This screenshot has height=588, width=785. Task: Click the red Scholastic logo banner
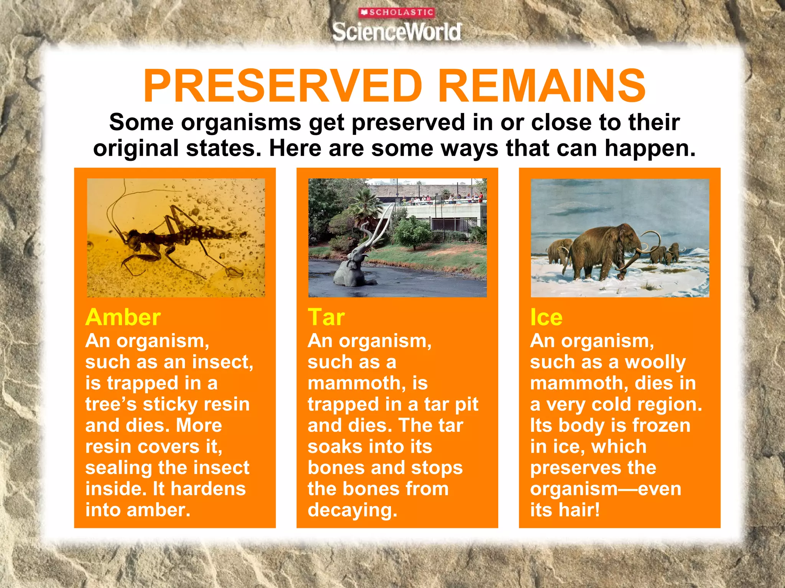pyautogui.click(x=396, y=13)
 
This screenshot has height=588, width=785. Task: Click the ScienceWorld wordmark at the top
pyautogui.click(x=396, y=32)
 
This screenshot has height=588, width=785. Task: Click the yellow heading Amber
pyautogui.click(x=123, y=317)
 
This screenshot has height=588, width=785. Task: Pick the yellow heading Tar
pyautogui.click(x=326, y=317)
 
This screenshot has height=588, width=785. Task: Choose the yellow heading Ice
pyautogui.click(x=546, y=317)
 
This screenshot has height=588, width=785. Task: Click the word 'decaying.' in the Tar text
pyautogui.click(x=352, y=510)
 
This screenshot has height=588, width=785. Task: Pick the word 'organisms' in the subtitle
pyautogui.click(x=241, y=122)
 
